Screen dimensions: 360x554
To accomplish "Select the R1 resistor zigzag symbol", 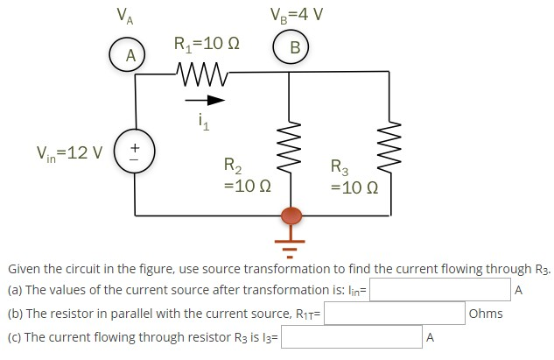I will pos(201,71).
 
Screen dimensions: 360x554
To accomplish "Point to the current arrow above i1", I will pos(204,99).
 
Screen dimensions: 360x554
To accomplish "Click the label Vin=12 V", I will pos(69,153).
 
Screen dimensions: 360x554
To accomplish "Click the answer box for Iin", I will pos(440,290).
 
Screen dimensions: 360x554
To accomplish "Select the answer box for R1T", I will pos(395,314).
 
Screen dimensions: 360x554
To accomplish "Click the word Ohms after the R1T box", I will pos(486,314).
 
